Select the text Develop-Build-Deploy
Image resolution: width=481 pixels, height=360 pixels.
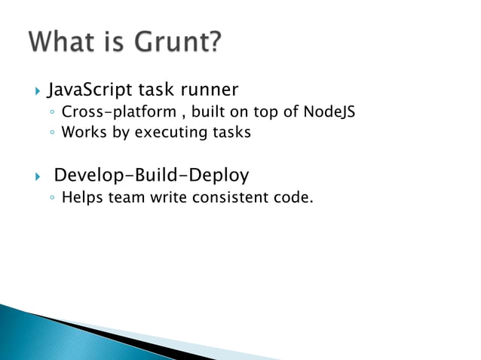click(x=152, y=176)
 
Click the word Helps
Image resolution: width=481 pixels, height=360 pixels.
click(x=82, y=198)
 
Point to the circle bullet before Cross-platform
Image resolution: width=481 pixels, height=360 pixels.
click(x=51, y=114)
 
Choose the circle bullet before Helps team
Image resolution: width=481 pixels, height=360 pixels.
click(x=51, y=199)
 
